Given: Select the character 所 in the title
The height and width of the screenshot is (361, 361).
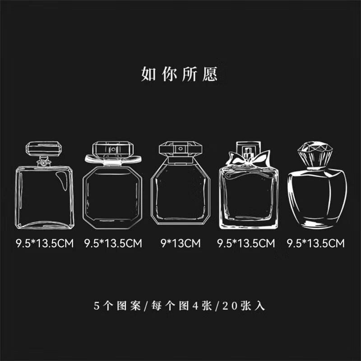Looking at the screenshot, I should click(x=190, y=74).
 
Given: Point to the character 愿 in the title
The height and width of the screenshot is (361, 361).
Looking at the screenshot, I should click(x=210, y=74).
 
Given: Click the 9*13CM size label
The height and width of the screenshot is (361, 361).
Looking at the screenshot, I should click(x=180, y=244).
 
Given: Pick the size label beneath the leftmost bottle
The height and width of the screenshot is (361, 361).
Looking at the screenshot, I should click(x=44, y=244).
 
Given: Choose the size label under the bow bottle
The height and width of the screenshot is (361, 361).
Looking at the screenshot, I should click(x=246, y=244).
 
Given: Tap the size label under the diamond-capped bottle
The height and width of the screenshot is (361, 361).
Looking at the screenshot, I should click(x=316, y=244).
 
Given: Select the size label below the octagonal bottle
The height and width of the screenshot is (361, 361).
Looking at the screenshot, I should click(x=113, y=244).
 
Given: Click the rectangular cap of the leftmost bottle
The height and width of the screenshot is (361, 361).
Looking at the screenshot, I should click(x=44, y=148).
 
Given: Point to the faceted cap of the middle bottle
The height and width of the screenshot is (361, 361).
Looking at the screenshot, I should click(x=180, y=149).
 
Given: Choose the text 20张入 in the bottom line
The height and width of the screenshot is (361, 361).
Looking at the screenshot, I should click(x=243, y=305).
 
